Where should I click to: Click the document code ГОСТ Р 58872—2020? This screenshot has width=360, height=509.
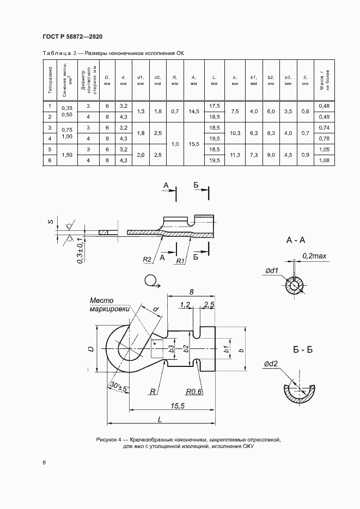click(x=72, y=36)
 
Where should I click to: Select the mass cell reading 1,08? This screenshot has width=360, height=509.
click(x=325, y=160)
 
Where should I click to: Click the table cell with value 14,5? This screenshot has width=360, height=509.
click(x=193, y=111)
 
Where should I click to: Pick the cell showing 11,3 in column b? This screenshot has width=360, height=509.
click(x=235, y=155)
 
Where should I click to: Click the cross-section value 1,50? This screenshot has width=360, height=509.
click(x=68, y=155)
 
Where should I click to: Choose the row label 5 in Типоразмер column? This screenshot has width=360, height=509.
click(x=50, y=149)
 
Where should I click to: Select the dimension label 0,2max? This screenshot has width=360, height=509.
click(x=314, y=255)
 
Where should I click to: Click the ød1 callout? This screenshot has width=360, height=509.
click(x=272, y=271)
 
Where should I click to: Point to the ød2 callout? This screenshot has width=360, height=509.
click(x=272, y=364)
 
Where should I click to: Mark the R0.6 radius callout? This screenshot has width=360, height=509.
click(x=193, y=391)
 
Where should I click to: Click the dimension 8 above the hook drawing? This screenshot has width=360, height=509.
click(x=191, y=292)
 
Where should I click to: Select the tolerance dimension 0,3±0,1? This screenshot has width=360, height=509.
click(x=80, y=251)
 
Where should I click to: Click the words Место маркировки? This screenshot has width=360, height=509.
click(x=110, y=304)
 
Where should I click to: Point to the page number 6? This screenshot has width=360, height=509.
click(x=44, y=463)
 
